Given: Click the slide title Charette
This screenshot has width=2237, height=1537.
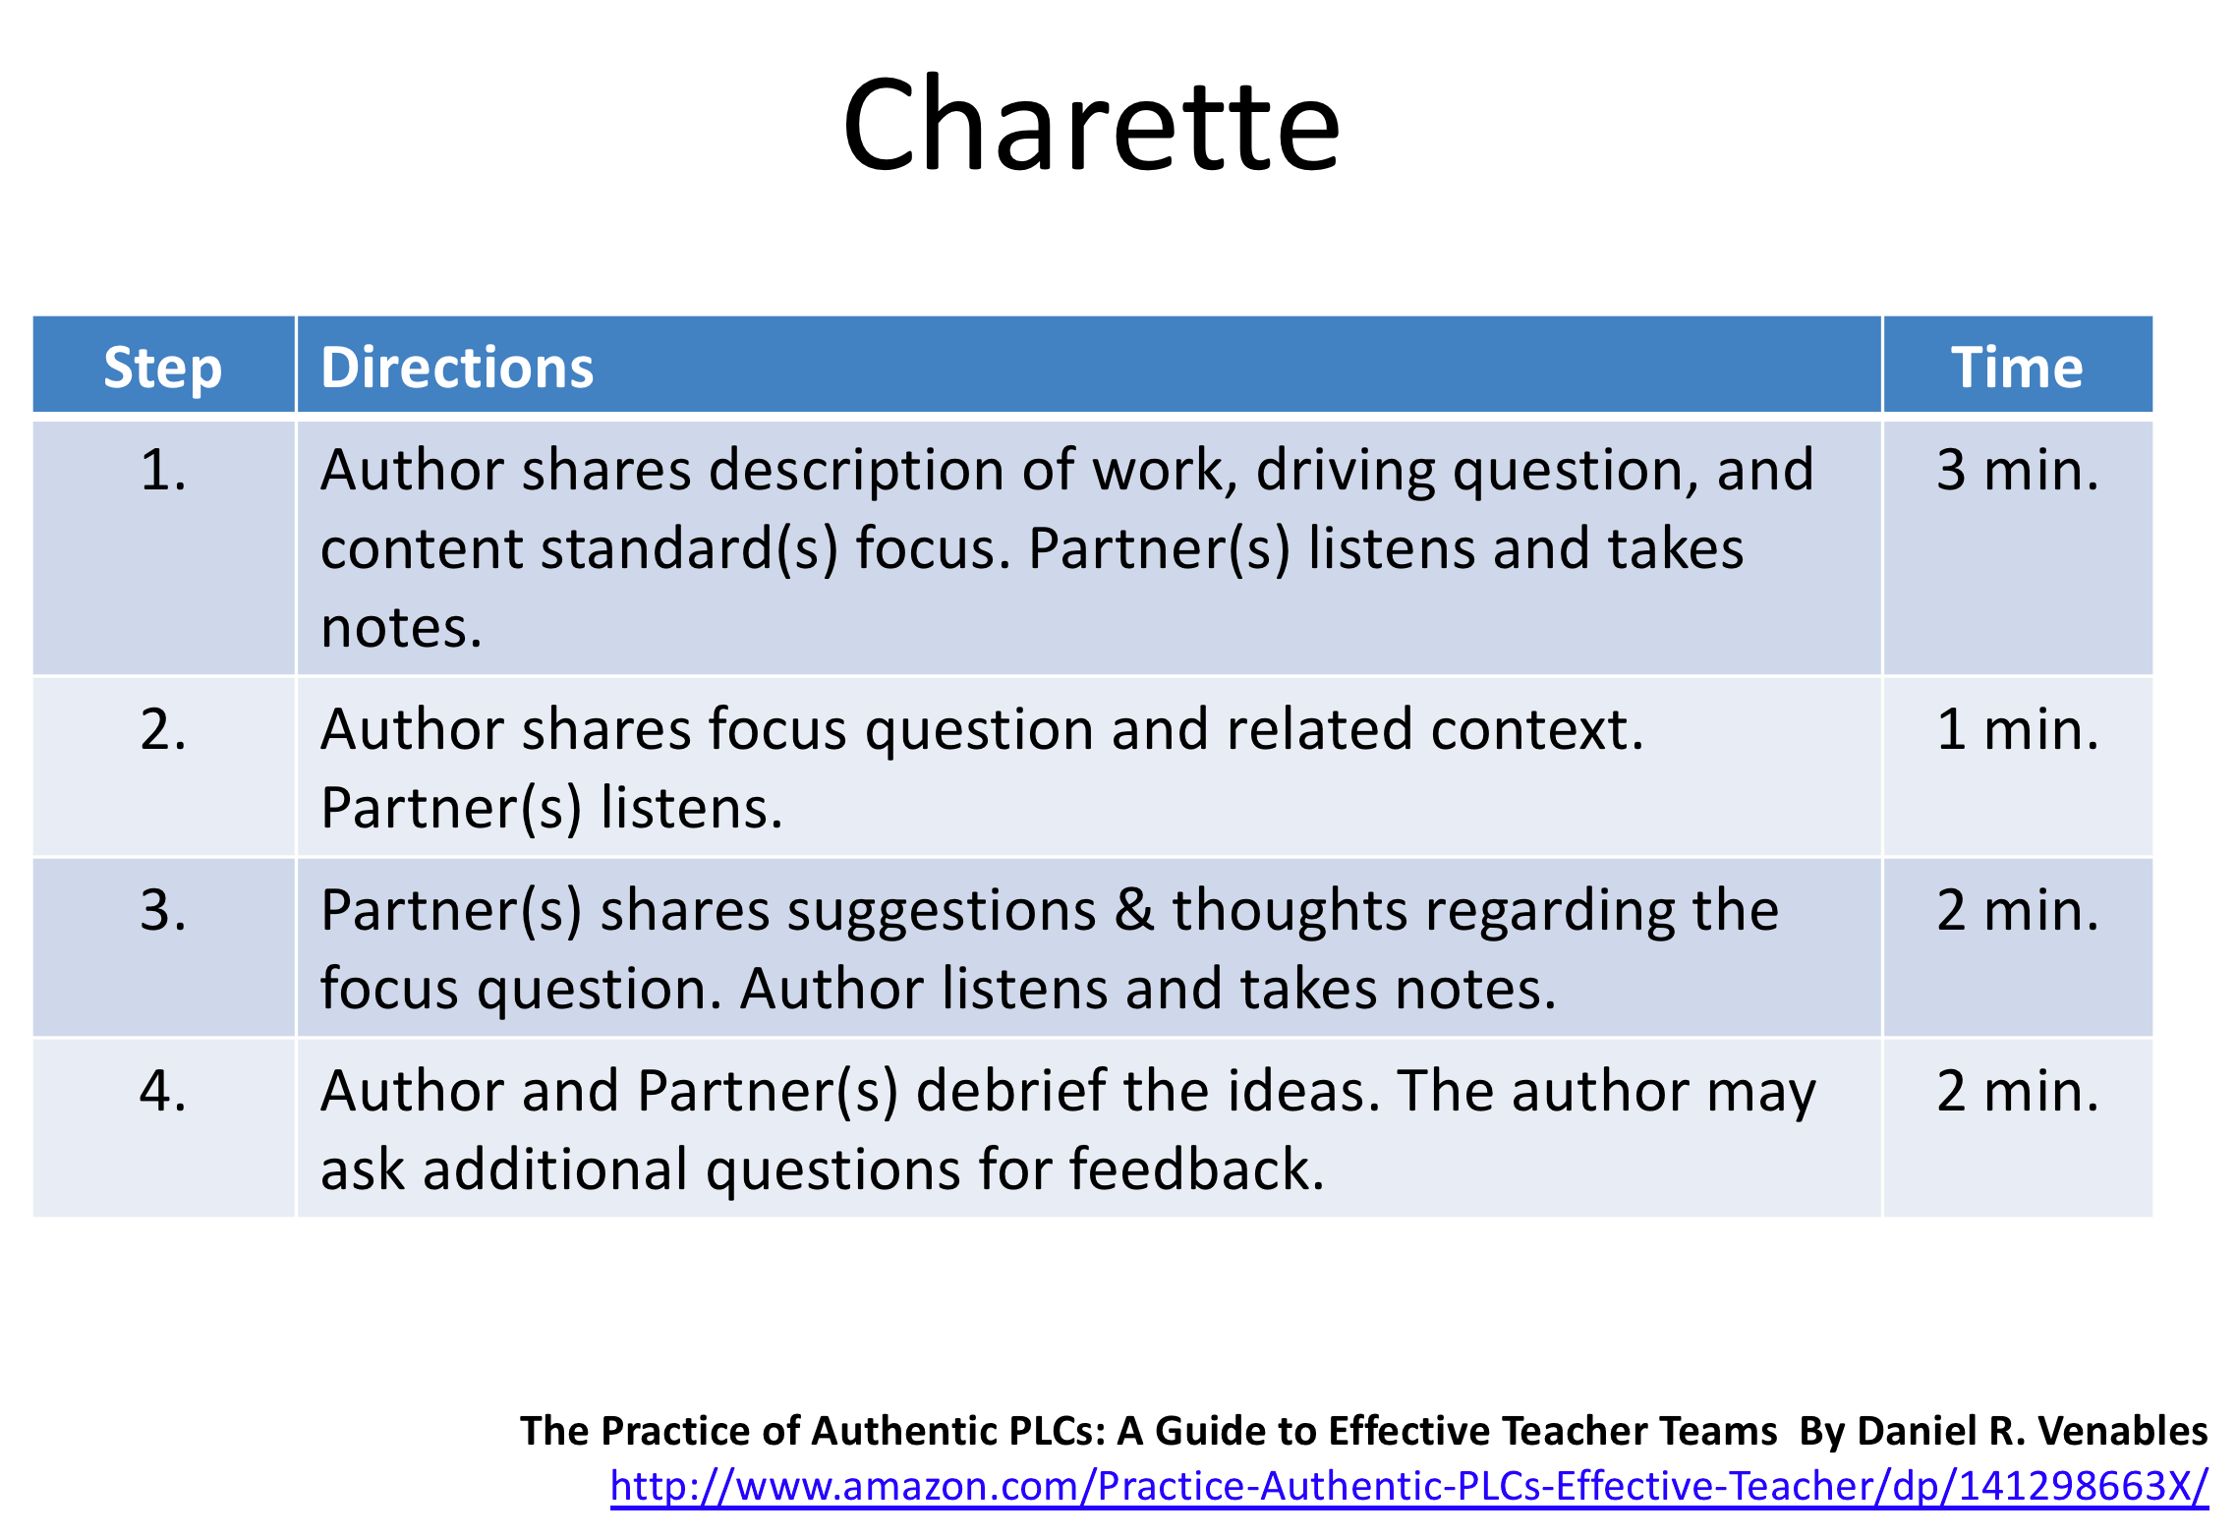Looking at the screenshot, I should tap(1091, 126).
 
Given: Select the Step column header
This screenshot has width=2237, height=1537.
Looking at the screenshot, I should tap(163, 368).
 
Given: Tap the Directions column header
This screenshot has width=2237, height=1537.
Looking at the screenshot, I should tap(457, 368).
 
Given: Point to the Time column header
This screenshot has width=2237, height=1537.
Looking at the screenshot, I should tap(2017, 368).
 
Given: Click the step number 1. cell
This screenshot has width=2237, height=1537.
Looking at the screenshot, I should tap(163, 470).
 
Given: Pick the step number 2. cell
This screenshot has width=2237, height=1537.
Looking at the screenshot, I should tap(163, 729).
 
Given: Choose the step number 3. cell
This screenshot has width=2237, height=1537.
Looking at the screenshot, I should tap(163, 910).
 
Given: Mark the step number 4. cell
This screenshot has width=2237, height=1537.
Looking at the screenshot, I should tap(163, 1091).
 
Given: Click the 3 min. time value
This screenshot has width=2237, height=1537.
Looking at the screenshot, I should tap(2017, 470).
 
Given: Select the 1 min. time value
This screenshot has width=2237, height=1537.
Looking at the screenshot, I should tap(2017, 729).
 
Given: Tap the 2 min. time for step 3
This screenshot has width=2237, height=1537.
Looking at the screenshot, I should tap(2017, 910).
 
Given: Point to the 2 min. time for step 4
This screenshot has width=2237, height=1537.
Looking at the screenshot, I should tap(2017, 1091).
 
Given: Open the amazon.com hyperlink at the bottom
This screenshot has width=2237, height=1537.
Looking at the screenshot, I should tap(1408, 1486).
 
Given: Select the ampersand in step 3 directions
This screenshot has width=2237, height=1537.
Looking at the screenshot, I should tap(1134, 910).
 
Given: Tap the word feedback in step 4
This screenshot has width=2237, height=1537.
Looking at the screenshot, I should tap(1196, 1169).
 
